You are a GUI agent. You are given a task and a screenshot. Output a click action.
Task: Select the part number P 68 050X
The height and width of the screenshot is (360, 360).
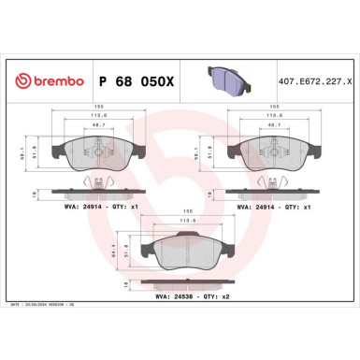coord(135,80)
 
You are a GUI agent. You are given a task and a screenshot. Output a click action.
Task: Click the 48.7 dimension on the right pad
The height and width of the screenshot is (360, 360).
coord(273,124)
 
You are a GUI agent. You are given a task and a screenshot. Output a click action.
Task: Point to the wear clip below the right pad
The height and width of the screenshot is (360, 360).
coord(273,180)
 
